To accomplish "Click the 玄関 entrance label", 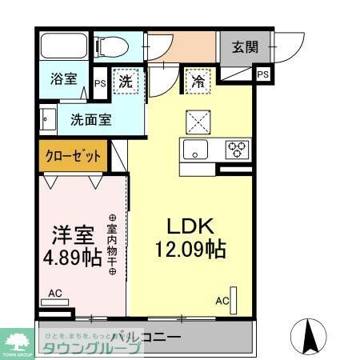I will coord(245,46).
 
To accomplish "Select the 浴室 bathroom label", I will coord(63,79).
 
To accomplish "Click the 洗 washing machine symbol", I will coord(126,81).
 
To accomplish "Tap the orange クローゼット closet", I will coord(72,155).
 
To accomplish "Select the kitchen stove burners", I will coord(237,149).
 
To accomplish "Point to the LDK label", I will coord(189,225).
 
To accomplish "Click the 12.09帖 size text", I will coord(189,248).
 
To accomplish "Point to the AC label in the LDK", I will coord(222,301).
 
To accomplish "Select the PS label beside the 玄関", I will coord(263,74).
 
